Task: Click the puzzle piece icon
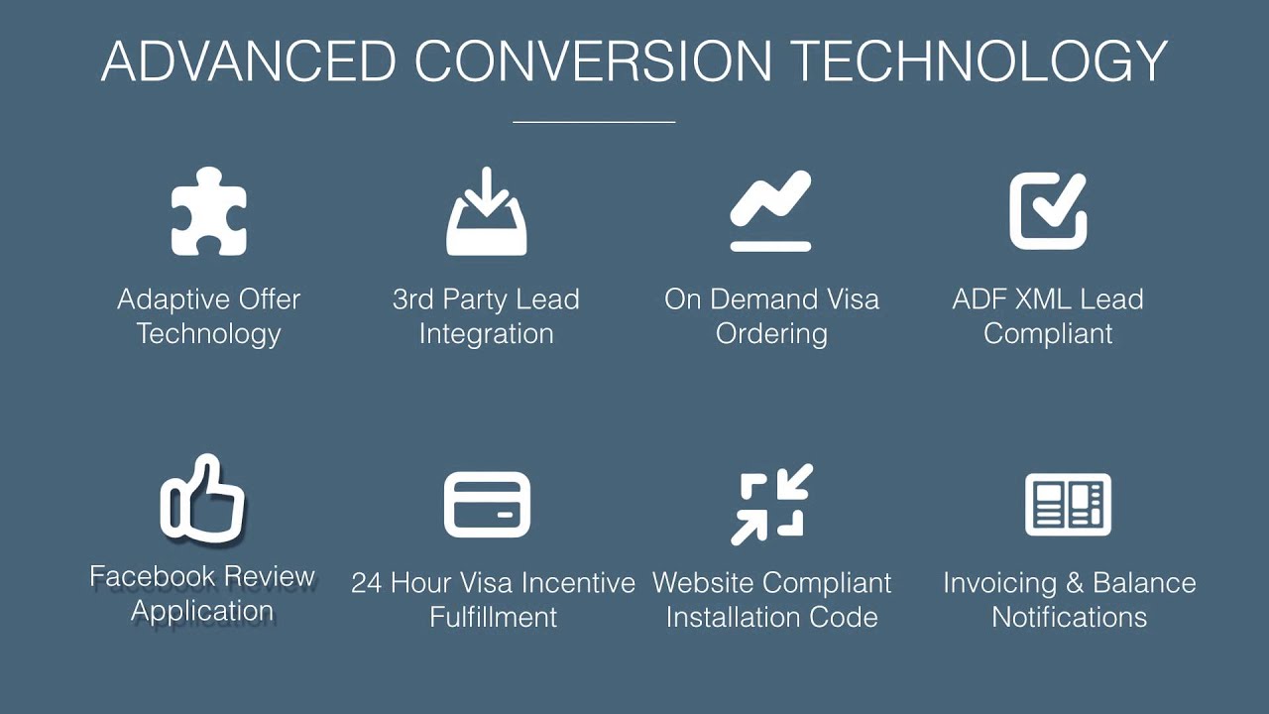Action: (x=208, y=211)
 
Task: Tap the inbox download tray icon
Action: (x=486, y=212)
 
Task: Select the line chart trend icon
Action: (x=770, y=210)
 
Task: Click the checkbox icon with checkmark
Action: (x=1048, y=210)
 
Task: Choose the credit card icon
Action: (x=486, y=505)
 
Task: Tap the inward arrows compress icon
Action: (x=771, y=504)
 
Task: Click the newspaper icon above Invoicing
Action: (x=1068, y=505)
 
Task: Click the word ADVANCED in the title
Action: (x=249, y=61)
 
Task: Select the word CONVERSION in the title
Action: (x=593, y=61)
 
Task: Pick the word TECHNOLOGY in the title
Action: (x=979, y=61)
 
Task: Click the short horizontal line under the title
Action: (x=594, y=122)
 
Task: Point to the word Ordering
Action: (x=771, y=334)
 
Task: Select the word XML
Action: (x=1050, y=299)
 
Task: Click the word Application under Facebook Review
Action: (x=202, y=611)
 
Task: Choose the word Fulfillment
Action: (x=493, y=617)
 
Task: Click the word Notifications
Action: (x=1069, y=617)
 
